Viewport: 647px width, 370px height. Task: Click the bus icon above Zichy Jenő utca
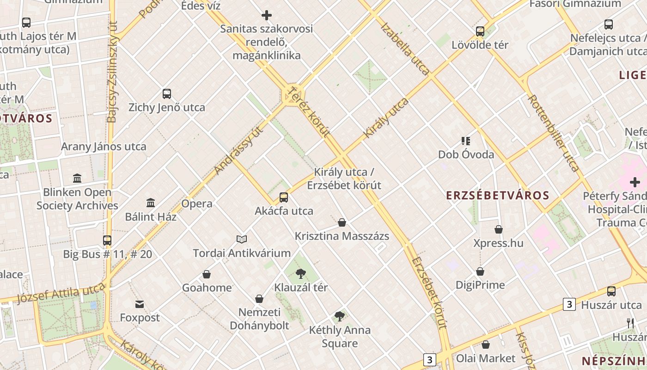click(167, 94)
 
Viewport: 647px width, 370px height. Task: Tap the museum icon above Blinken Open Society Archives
click(77, 178)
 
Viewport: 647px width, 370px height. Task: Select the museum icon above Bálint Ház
click(150, 203)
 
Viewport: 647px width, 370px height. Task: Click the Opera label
click(197, 203)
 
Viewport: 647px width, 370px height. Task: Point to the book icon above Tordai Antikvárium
click(242, 239)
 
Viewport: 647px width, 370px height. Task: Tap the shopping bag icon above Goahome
click(207, 274)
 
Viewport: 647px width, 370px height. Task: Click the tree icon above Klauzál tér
click(301, 273)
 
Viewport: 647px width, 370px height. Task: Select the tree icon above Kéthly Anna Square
click(340, 316)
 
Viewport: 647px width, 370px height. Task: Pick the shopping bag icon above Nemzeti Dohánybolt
click(259, 299)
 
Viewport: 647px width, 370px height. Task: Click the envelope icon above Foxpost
click(140, 304)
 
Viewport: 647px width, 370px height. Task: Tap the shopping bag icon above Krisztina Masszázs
click(342, 222)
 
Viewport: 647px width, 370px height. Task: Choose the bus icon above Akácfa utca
click(284, 197)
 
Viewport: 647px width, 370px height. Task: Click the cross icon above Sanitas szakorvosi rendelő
click(267, 15)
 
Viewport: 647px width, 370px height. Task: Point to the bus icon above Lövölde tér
click(480, 31)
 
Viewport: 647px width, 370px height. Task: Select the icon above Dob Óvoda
click(466, 141)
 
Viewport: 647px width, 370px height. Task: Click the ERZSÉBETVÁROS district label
click(498, 195)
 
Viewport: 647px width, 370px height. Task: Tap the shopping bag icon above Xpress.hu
click(499, 229)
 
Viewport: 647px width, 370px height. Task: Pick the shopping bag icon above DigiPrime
click(480, 271)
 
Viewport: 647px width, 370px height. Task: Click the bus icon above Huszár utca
click(611, 291)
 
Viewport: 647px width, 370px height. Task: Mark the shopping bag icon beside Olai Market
click(486, 345)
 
